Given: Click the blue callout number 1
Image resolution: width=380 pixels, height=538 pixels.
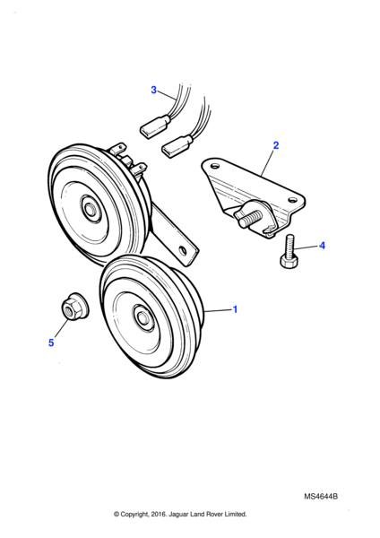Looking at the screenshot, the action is pos(236,309).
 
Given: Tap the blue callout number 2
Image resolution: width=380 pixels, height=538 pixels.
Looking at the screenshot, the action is pos(276,145).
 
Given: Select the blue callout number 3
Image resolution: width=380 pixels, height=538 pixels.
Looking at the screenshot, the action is pos(153,90).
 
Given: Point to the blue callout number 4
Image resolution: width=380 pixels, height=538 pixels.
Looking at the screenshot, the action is pos(322,246).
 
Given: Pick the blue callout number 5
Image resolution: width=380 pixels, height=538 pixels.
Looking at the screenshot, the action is pos(51,343).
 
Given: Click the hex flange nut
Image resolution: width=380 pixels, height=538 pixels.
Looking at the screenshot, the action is pos(74,306).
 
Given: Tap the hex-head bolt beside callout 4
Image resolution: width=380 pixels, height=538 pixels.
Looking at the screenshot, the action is pos(289,251).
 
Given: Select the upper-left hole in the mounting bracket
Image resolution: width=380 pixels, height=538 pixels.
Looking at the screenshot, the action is pos(214,166).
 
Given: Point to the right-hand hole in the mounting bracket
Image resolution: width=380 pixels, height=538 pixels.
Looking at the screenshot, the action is pos(292,199).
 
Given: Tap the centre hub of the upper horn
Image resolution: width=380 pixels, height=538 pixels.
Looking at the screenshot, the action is pos(91,208).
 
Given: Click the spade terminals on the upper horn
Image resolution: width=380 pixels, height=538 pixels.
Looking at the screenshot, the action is pos(129,160).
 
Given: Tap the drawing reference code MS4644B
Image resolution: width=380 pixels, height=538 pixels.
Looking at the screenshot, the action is pos(321,497).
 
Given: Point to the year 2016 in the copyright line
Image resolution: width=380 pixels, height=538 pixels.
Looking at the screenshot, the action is pos(158,514).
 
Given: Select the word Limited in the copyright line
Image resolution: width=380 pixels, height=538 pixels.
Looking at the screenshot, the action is pos(236,514).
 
